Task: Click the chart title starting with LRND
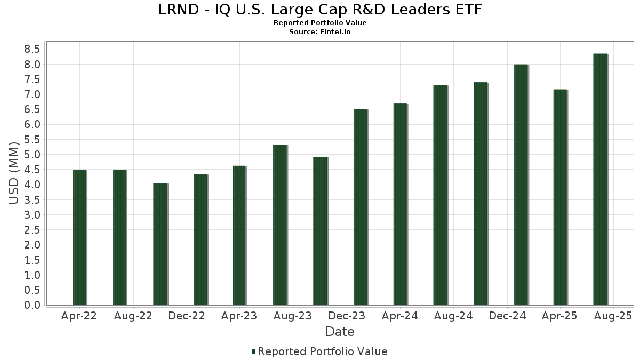pyautogui.click(x=320, y=10)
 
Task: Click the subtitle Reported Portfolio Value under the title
pyautogui.click(x=320, y=23)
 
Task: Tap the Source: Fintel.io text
pyautogui.click(x=320, y=32)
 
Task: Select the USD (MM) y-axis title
pyautogui.click(x=14, y=173)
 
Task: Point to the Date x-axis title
pyautogui.click(x=340, y=332)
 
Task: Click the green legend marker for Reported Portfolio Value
pyautogui.click(x=254, y=351)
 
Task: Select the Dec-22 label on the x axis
pyautogui.click(x=186, y=316)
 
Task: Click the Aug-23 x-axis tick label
pyautogui.click(x=293, y=316)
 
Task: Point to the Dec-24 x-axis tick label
pyautogui.click(x=507, y=316)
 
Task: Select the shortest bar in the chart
pyautogui.click(x=160, y=244)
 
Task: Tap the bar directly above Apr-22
pyautogui.click(x=79, y=237)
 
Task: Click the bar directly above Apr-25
pyautogui.click(x=560, y=197)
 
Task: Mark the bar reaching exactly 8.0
pyautogui.click(x=521, y=185)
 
